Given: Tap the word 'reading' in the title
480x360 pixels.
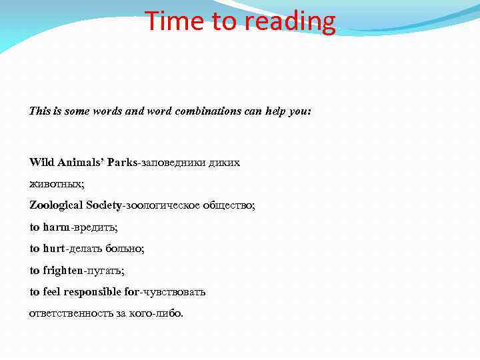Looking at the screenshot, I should (x=291, y=21).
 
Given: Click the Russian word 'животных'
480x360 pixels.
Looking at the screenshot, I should (x=55, y=183).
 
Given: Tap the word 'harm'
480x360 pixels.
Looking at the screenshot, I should (x=56, y=227).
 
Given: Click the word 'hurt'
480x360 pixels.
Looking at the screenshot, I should (x=53, y=248).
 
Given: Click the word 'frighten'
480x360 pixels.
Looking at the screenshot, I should (x=64, y=270).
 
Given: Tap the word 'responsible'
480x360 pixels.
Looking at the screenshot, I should (x=93, y=291).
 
